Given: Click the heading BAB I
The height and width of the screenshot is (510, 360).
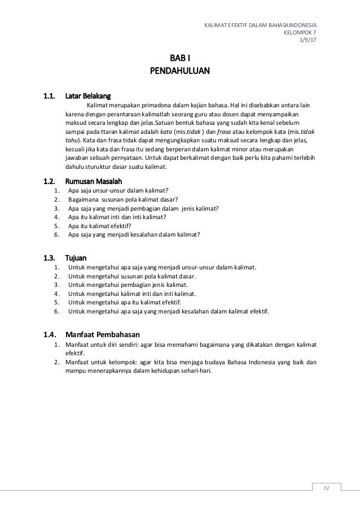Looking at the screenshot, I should coord(180,58).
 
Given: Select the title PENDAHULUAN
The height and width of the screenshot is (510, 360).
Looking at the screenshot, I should coord(180,71).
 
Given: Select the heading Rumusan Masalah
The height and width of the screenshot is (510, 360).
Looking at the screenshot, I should coord(94,181).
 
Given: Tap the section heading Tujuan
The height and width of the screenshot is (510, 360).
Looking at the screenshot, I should coord(77,258).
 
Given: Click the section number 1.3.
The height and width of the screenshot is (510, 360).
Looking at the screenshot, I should coord(50,258).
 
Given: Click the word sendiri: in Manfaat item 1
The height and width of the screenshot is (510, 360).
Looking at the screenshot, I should coord(127,345).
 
